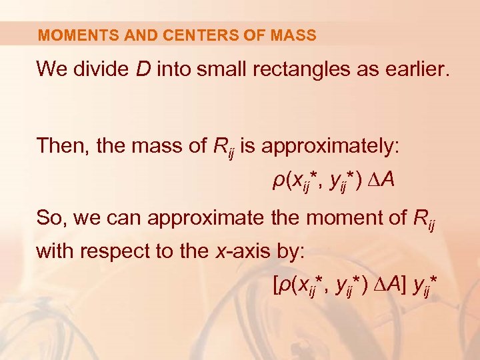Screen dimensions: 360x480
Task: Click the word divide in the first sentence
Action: (x=100, y=69)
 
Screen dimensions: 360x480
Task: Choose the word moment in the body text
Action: (x=313, y=217)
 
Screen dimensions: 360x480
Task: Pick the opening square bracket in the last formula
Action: (x=277, y=287)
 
